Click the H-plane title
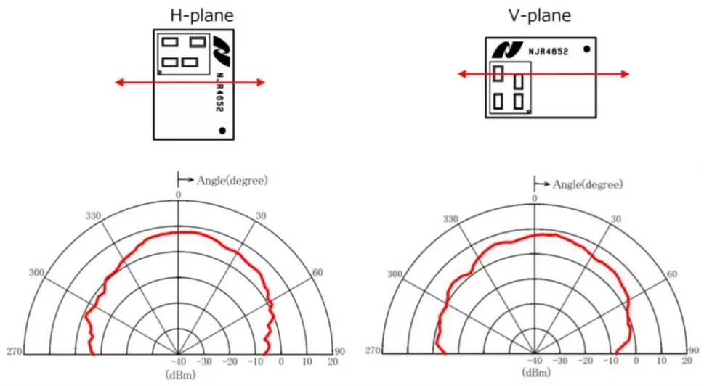pyautogui.click(x=202, y=16)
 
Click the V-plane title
pyautogui.click(x=540, y=16)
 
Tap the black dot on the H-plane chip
pyautogui.click(x=222, y=131)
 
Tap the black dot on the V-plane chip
pyautogui.click(x=586, y=49)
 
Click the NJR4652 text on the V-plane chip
pyautogui.click(x=549, y=52)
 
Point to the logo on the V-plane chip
pyautogui.click(x=507, y=50)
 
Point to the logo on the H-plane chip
pyautogui.click(x=222, y=51)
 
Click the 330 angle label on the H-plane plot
pyautogui.click(x=94, y=216)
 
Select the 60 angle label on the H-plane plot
pyautogui.click(x=317, y=273)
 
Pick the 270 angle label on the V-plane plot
pyautogui.click(x=373, y=350)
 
